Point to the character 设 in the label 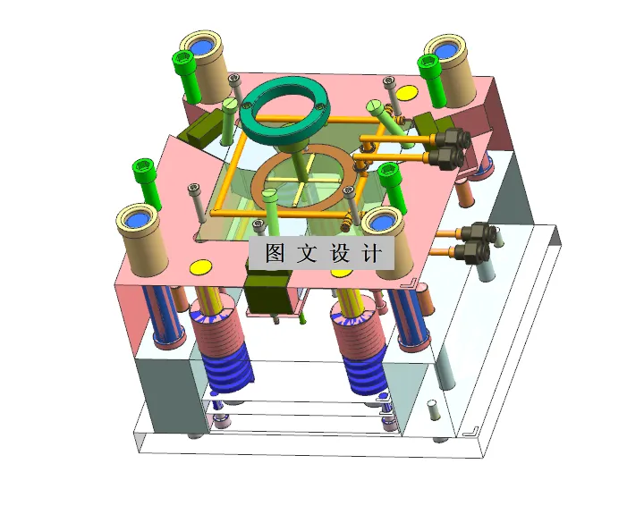tap(340, 253)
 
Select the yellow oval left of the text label tap(199, 266)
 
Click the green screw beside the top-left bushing tap(185, 72)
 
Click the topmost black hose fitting tap(454, 138)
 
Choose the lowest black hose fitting tap(471, 251)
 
